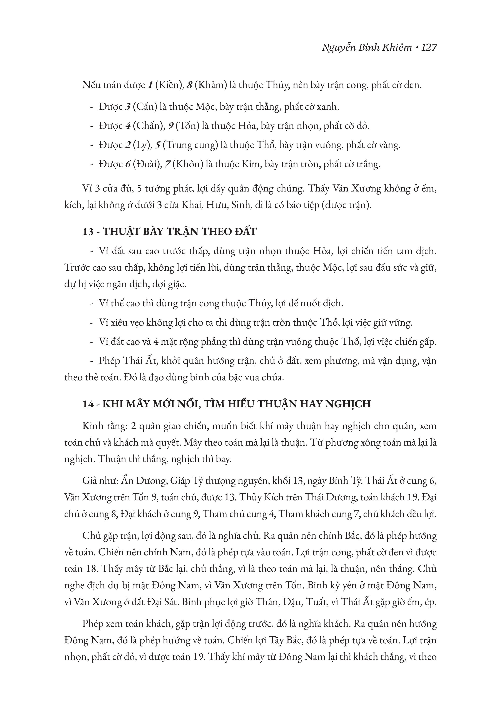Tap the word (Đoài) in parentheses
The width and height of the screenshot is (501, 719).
click(x=145, y=164)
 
